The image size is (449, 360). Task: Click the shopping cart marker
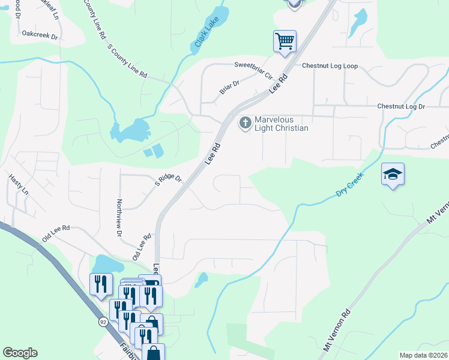[x=285, y=41]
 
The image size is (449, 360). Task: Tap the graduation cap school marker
[x=393, y=174]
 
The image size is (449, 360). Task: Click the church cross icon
[x=245, y=124]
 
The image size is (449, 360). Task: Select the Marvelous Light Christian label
[x=282, y=124]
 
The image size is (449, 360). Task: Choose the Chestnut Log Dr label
[x=401, y=106]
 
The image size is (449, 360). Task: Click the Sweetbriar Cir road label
[x=253, y=70]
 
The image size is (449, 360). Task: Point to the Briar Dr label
[x=229, y=88]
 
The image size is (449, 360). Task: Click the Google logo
[x=20, y=353]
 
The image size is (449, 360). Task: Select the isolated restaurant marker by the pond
[x=101, y=283]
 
